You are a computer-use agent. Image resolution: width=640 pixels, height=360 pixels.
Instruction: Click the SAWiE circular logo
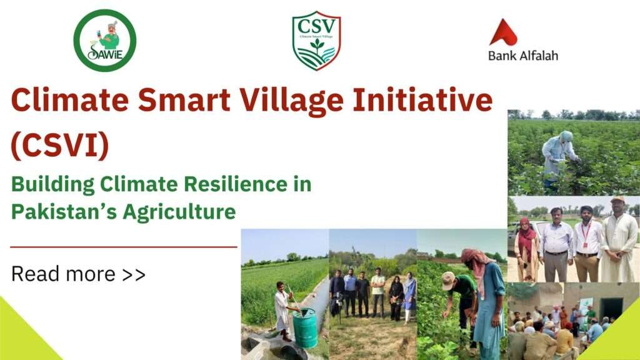tap(105, 41)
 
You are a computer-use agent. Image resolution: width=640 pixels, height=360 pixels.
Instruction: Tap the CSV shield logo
tap(316, 41)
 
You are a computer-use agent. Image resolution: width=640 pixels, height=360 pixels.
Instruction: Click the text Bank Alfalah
tap(523, 55)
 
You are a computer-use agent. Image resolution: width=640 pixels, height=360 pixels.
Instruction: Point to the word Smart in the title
tap(184, 100)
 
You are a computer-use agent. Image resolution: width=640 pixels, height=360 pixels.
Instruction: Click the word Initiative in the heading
tap(422, 100)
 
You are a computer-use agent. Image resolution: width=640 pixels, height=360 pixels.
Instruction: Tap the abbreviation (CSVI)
tap(60, 145)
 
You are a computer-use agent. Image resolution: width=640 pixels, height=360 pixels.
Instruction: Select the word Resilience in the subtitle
tap(236, 184)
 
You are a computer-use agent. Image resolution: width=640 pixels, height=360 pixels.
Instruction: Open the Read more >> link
tap(78, 274)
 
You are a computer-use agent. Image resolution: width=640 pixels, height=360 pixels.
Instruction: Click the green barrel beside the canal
tap(304, 327)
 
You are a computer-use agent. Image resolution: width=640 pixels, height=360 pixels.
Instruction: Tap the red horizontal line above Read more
tap(124, 247)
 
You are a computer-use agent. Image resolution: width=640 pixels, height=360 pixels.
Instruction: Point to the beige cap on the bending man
tap(448, 280)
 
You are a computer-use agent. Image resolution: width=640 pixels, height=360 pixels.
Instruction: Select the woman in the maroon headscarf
tap(527, 249)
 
